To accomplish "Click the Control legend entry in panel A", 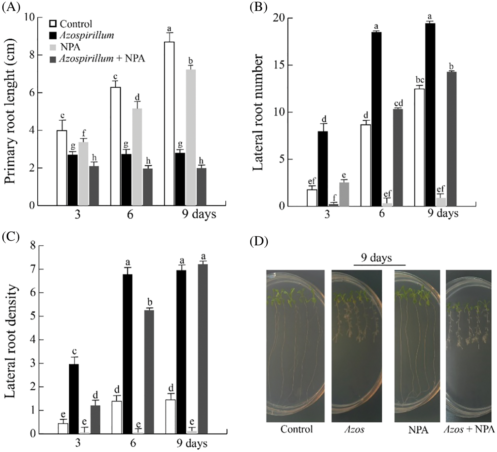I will [75, 24].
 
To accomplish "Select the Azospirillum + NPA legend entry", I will [102, 59].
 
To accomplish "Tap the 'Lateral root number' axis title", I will [258, 112].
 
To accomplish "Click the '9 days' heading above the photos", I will [376, 258].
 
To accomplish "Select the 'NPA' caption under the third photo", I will [418, 430].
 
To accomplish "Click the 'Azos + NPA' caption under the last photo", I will [469, 430].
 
